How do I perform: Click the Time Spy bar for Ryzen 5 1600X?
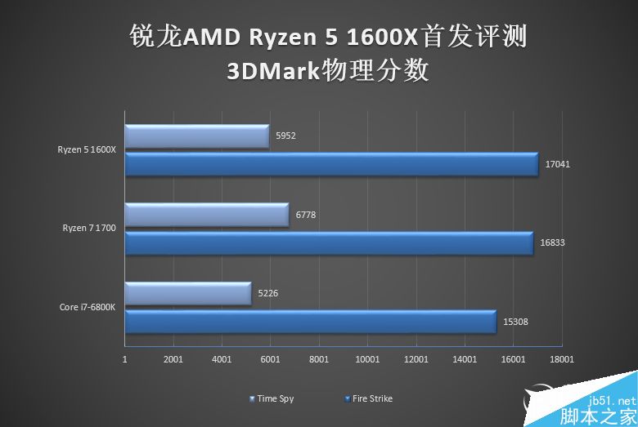[x=196, y=137]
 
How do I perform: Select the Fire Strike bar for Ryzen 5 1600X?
[x=331, y=164]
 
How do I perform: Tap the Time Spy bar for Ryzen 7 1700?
[x=207, y=216]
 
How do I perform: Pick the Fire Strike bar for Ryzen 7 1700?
[x=329, y=242]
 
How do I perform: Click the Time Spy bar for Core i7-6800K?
[x=188, y=294]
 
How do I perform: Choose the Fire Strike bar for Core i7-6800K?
[x=311, y=322]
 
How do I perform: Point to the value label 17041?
[x=557, y=164]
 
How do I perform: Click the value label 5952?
[x=285, y=136]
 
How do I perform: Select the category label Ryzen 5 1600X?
[x=88, y=149]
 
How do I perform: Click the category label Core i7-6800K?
[x=88, y=308]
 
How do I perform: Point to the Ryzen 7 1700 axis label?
[x=89, y=228]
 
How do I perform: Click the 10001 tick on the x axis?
[x=367, y=359]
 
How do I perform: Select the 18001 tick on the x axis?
[x=562, y=359]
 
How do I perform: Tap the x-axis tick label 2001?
[x=173, y=359]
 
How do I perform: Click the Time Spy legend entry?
[x=275, y=399]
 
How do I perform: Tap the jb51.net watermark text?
[x=616, y=401]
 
